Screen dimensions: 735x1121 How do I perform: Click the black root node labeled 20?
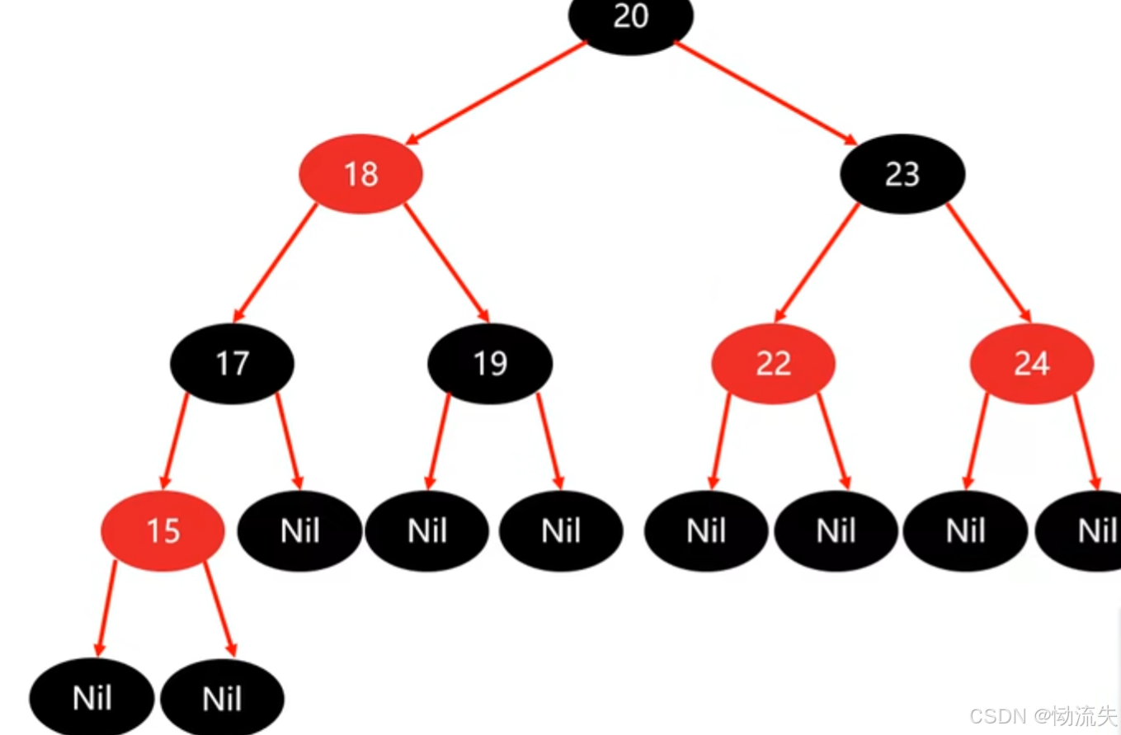click(631, 18)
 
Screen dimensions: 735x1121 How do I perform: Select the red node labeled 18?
click(360, 174)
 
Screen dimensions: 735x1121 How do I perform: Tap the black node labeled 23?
click(902, 174)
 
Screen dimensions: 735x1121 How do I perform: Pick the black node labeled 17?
click(232, 363)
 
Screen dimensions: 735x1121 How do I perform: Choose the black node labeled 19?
click(490, 363)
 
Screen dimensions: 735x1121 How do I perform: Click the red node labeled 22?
click(773, 363)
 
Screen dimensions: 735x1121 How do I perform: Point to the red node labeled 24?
click(1031, 363)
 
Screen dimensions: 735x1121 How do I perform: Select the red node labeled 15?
click(162, 530)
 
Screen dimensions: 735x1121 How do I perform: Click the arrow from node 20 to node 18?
click(495, 92)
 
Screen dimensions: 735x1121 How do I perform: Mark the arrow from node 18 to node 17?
click(275, 262)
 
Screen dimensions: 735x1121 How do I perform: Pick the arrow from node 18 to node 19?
click(446, 262)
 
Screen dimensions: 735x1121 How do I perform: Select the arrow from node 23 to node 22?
click(817, 262)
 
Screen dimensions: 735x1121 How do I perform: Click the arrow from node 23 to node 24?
click(988, 262)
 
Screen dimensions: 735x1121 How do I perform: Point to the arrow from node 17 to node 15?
click(175, 441)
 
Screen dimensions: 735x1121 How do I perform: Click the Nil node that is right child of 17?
click(299, 530)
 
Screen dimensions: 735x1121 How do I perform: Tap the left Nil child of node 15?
click(92, 699)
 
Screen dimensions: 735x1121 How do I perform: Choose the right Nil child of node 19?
click(561, 530)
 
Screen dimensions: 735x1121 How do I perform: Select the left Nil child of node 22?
click(706, 530)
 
